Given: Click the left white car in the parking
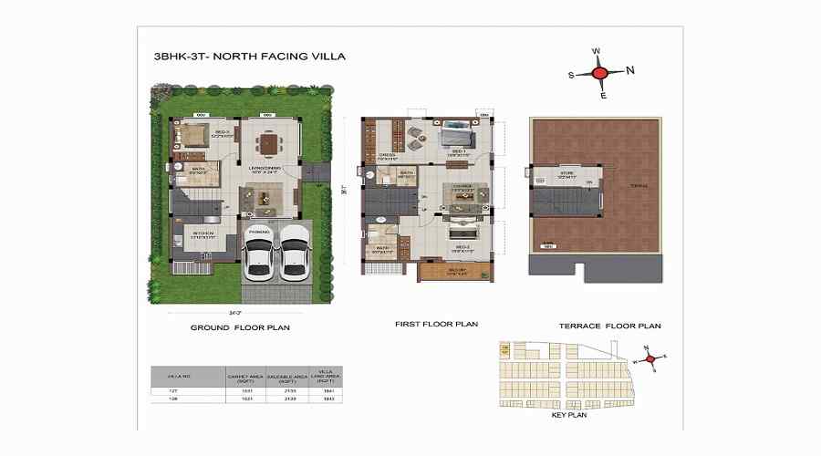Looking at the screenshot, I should coord(259,251).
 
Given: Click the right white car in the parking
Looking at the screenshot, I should coord(294,251).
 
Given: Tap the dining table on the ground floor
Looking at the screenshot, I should coord(268,144).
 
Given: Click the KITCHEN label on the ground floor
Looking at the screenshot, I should coord(203,233).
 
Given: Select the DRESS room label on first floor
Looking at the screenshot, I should coord(386,156).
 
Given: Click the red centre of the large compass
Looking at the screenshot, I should coord(599,73).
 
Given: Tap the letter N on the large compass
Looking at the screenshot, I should coord(630,70).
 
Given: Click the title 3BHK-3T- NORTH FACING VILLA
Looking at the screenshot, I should coord(250,57).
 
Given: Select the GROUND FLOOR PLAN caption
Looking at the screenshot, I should coord(240,326).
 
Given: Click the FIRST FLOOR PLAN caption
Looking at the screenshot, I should coord(436,324).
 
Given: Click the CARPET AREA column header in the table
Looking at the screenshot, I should coord(244,376).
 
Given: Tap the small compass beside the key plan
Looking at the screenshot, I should coord(651,358).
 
